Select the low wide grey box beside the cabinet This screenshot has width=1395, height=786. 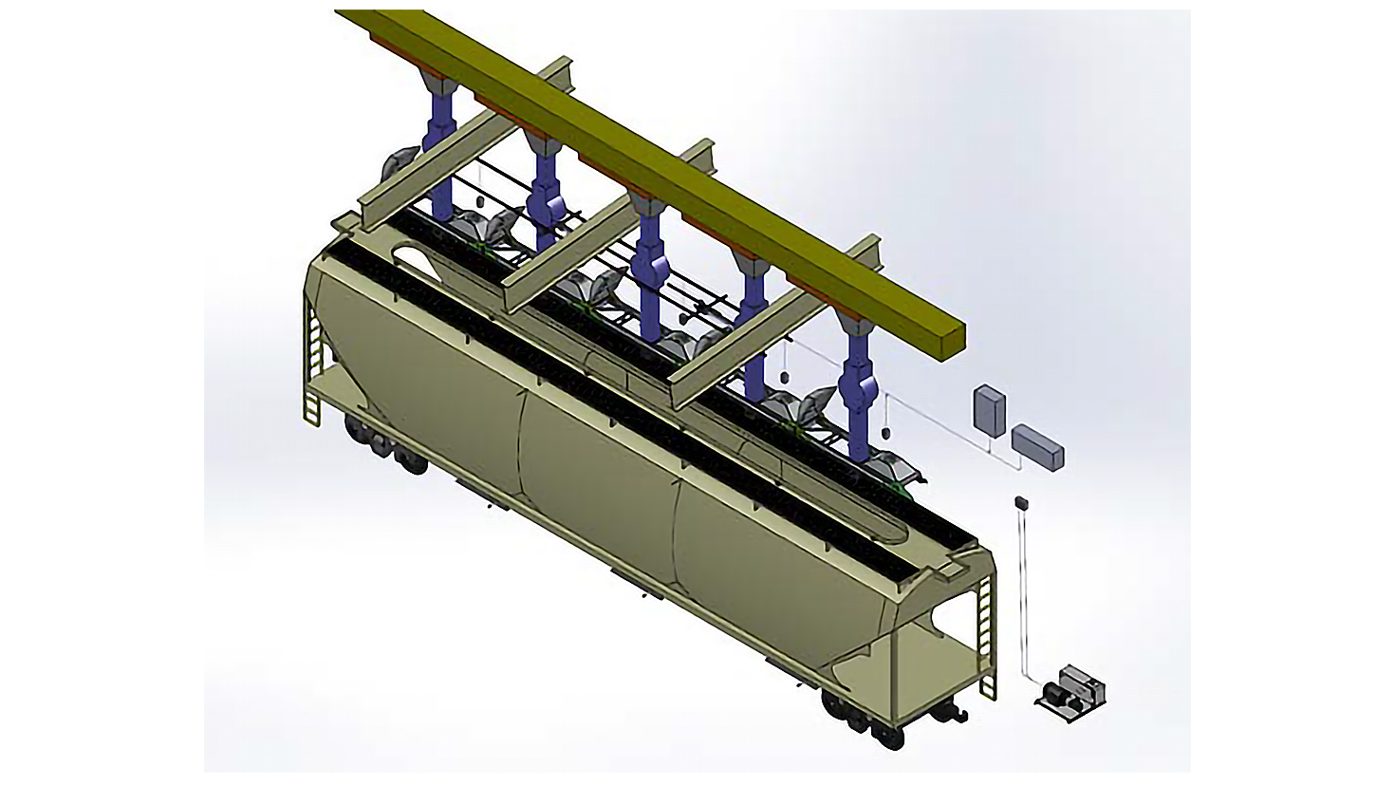coord(1037,446)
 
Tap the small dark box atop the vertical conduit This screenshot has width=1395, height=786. coord(1022,501)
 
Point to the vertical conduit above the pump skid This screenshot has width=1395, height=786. coord(1022,589)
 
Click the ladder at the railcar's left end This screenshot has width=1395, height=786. coord(314,361)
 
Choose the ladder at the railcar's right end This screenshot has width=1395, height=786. coord(987,636)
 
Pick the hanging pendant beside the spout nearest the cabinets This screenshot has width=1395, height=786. coord(885,433)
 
